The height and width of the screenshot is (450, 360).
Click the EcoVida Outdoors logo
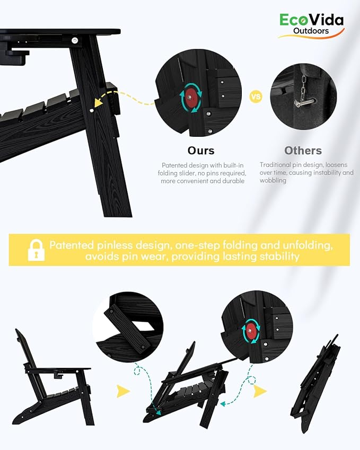click(311, 26)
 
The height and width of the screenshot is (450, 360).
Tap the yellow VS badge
click(256, 96)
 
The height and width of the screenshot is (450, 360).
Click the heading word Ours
click(201, 151)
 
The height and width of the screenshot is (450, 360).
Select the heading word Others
click(303, 151)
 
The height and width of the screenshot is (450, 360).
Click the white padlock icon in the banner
click(36, 250)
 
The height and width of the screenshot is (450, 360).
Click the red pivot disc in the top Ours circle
click(190, 98)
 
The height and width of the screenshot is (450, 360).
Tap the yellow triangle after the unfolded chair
click(123, 392)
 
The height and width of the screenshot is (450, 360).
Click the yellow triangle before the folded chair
click(260, 392)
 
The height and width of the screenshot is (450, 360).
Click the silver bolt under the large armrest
click(75, 40)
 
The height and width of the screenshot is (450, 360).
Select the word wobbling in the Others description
click(273, 181)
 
